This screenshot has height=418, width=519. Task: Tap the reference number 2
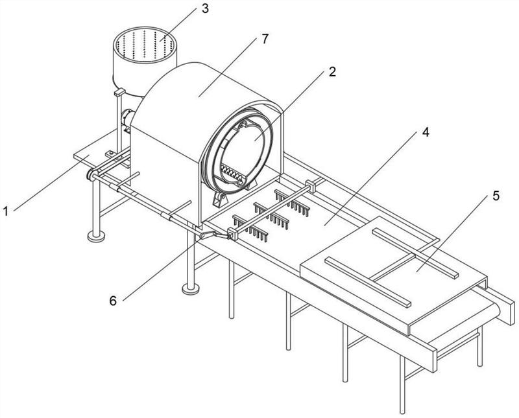point(332,72)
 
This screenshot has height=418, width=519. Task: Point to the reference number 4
point(424,132)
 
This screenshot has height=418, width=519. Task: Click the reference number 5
point(495,197)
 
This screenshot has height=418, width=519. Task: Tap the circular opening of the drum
point(250,146)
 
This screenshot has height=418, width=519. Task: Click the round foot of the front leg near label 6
point(190,287)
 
